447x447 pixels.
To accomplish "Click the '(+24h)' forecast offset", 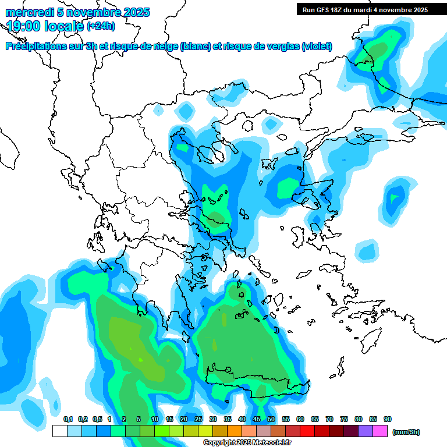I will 101,26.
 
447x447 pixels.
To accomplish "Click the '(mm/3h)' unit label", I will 406,432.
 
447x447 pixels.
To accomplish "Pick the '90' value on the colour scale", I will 388,419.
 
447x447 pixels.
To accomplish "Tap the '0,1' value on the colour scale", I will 68,419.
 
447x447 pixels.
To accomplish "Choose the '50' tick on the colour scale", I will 271,419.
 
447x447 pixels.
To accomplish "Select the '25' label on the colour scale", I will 198,419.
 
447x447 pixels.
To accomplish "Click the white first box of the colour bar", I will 59,431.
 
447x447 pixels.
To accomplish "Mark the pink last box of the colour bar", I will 380,431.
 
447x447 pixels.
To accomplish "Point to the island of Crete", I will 256,385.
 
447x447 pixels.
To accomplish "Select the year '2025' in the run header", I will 418,9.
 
